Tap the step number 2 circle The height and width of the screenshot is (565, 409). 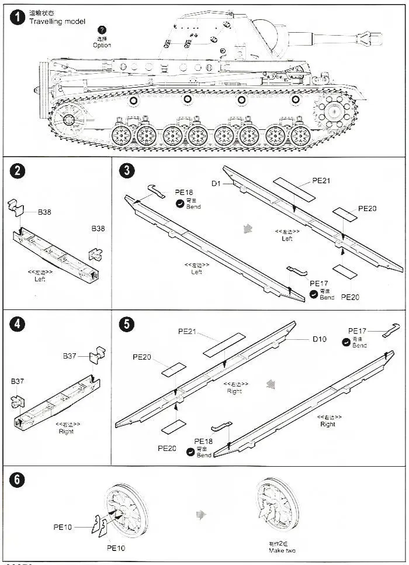coord(18,171)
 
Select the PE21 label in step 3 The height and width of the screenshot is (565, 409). coord(321,181)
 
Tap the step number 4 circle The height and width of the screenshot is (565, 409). coord(18,324)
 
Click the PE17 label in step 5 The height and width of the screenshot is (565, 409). coord(357,331)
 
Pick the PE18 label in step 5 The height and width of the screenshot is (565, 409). coord(203,441)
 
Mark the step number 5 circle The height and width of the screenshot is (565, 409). coord(127,324)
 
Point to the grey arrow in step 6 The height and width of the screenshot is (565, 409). coord(201,514)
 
